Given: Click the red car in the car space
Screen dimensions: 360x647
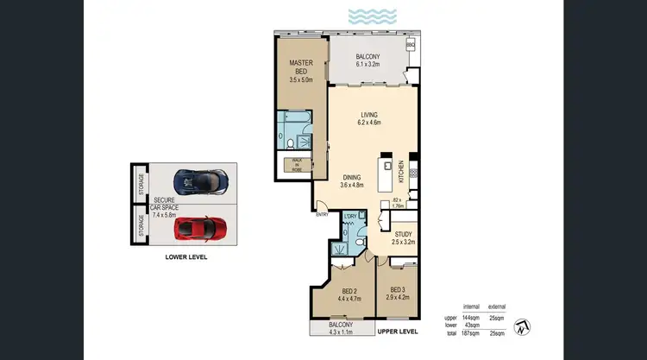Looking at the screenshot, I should (x=200, y=228).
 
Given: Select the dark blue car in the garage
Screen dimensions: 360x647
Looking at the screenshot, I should (x=199, y=181).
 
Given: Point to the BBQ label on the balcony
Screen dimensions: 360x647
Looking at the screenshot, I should (x=411, y=44).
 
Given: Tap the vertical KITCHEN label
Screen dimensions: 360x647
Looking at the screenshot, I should (x=401, y=172).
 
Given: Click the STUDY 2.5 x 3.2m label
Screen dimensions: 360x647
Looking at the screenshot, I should (x=401, y=238).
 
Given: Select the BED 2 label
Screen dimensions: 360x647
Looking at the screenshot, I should (x=350, y=294).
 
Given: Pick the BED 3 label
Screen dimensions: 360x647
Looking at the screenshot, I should (x=399, y=294).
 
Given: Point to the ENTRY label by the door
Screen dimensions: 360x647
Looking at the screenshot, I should (x=322, y=214).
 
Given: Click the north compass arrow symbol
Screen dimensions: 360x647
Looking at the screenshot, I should (x=524, y=326).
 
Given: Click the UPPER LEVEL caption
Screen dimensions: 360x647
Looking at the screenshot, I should (x=397, y=332).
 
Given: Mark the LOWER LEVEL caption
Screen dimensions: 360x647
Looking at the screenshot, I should (x=185, y=256).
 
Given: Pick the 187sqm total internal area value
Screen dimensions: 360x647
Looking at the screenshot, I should (x=472, y=332).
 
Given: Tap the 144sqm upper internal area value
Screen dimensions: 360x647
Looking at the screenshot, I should (x=472, y=318).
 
